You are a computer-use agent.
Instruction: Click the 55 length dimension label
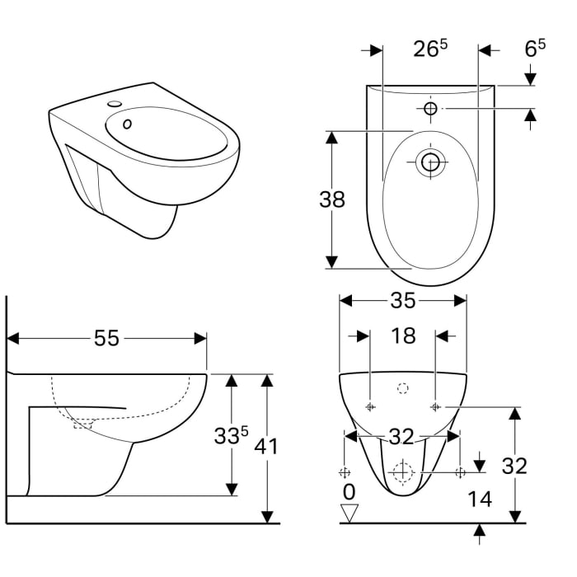[107, 338]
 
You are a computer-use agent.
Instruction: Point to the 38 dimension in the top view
[331, 199]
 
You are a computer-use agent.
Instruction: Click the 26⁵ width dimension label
[430, 49]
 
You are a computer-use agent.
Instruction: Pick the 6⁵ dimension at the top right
[536, 49]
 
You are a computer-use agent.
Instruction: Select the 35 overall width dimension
[402, 301]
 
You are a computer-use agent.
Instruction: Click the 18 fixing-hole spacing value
[402, 335]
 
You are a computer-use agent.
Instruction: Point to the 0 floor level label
[349, 492]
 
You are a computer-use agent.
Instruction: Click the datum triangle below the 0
[350, 514]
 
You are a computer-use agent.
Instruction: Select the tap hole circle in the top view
[430, 108]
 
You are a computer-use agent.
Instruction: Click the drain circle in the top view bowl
[430, 162]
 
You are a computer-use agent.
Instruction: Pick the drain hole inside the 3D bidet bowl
[127, 124]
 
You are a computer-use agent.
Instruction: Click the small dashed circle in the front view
[403, 389]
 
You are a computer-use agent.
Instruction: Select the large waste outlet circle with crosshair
[402, 472]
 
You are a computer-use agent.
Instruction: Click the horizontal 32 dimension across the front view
[402, 435]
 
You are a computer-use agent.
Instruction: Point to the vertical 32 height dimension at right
[514, 466]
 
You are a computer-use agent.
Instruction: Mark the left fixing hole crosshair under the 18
[370, 406]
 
